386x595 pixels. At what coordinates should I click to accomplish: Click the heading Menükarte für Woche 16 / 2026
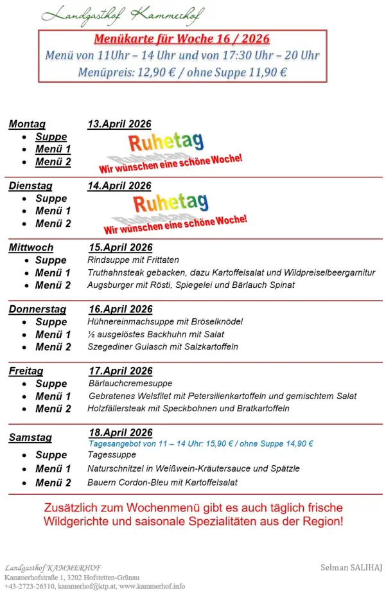(x=182, y=40)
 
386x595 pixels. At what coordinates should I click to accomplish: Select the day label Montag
(x=27, y=124)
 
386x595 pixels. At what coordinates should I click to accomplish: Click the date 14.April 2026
(x=119, y=186)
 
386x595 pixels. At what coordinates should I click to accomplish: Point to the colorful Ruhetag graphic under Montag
(x=166, y=143)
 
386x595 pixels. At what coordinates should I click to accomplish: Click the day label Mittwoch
(x=31, y=247)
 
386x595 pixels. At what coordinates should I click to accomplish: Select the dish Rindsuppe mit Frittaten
(x=133, y=260)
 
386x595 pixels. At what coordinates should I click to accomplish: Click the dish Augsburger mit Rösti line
(x=191, y=285)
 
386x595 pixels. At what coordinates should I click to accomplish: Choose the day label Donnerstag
(x=37, y=309)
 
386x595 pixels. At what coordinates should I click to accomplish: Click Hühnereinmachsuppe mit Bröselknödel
(x=165, y=321)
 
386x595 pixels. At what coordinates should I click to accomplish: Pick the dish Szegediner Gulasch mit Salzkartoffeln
(x=162, y=346)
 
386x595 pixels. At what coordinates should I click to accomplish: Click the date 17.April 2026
(x=121, y=371)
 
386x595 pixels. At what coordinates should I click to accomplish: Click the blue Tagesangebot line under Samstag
(x=200, y=443)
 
